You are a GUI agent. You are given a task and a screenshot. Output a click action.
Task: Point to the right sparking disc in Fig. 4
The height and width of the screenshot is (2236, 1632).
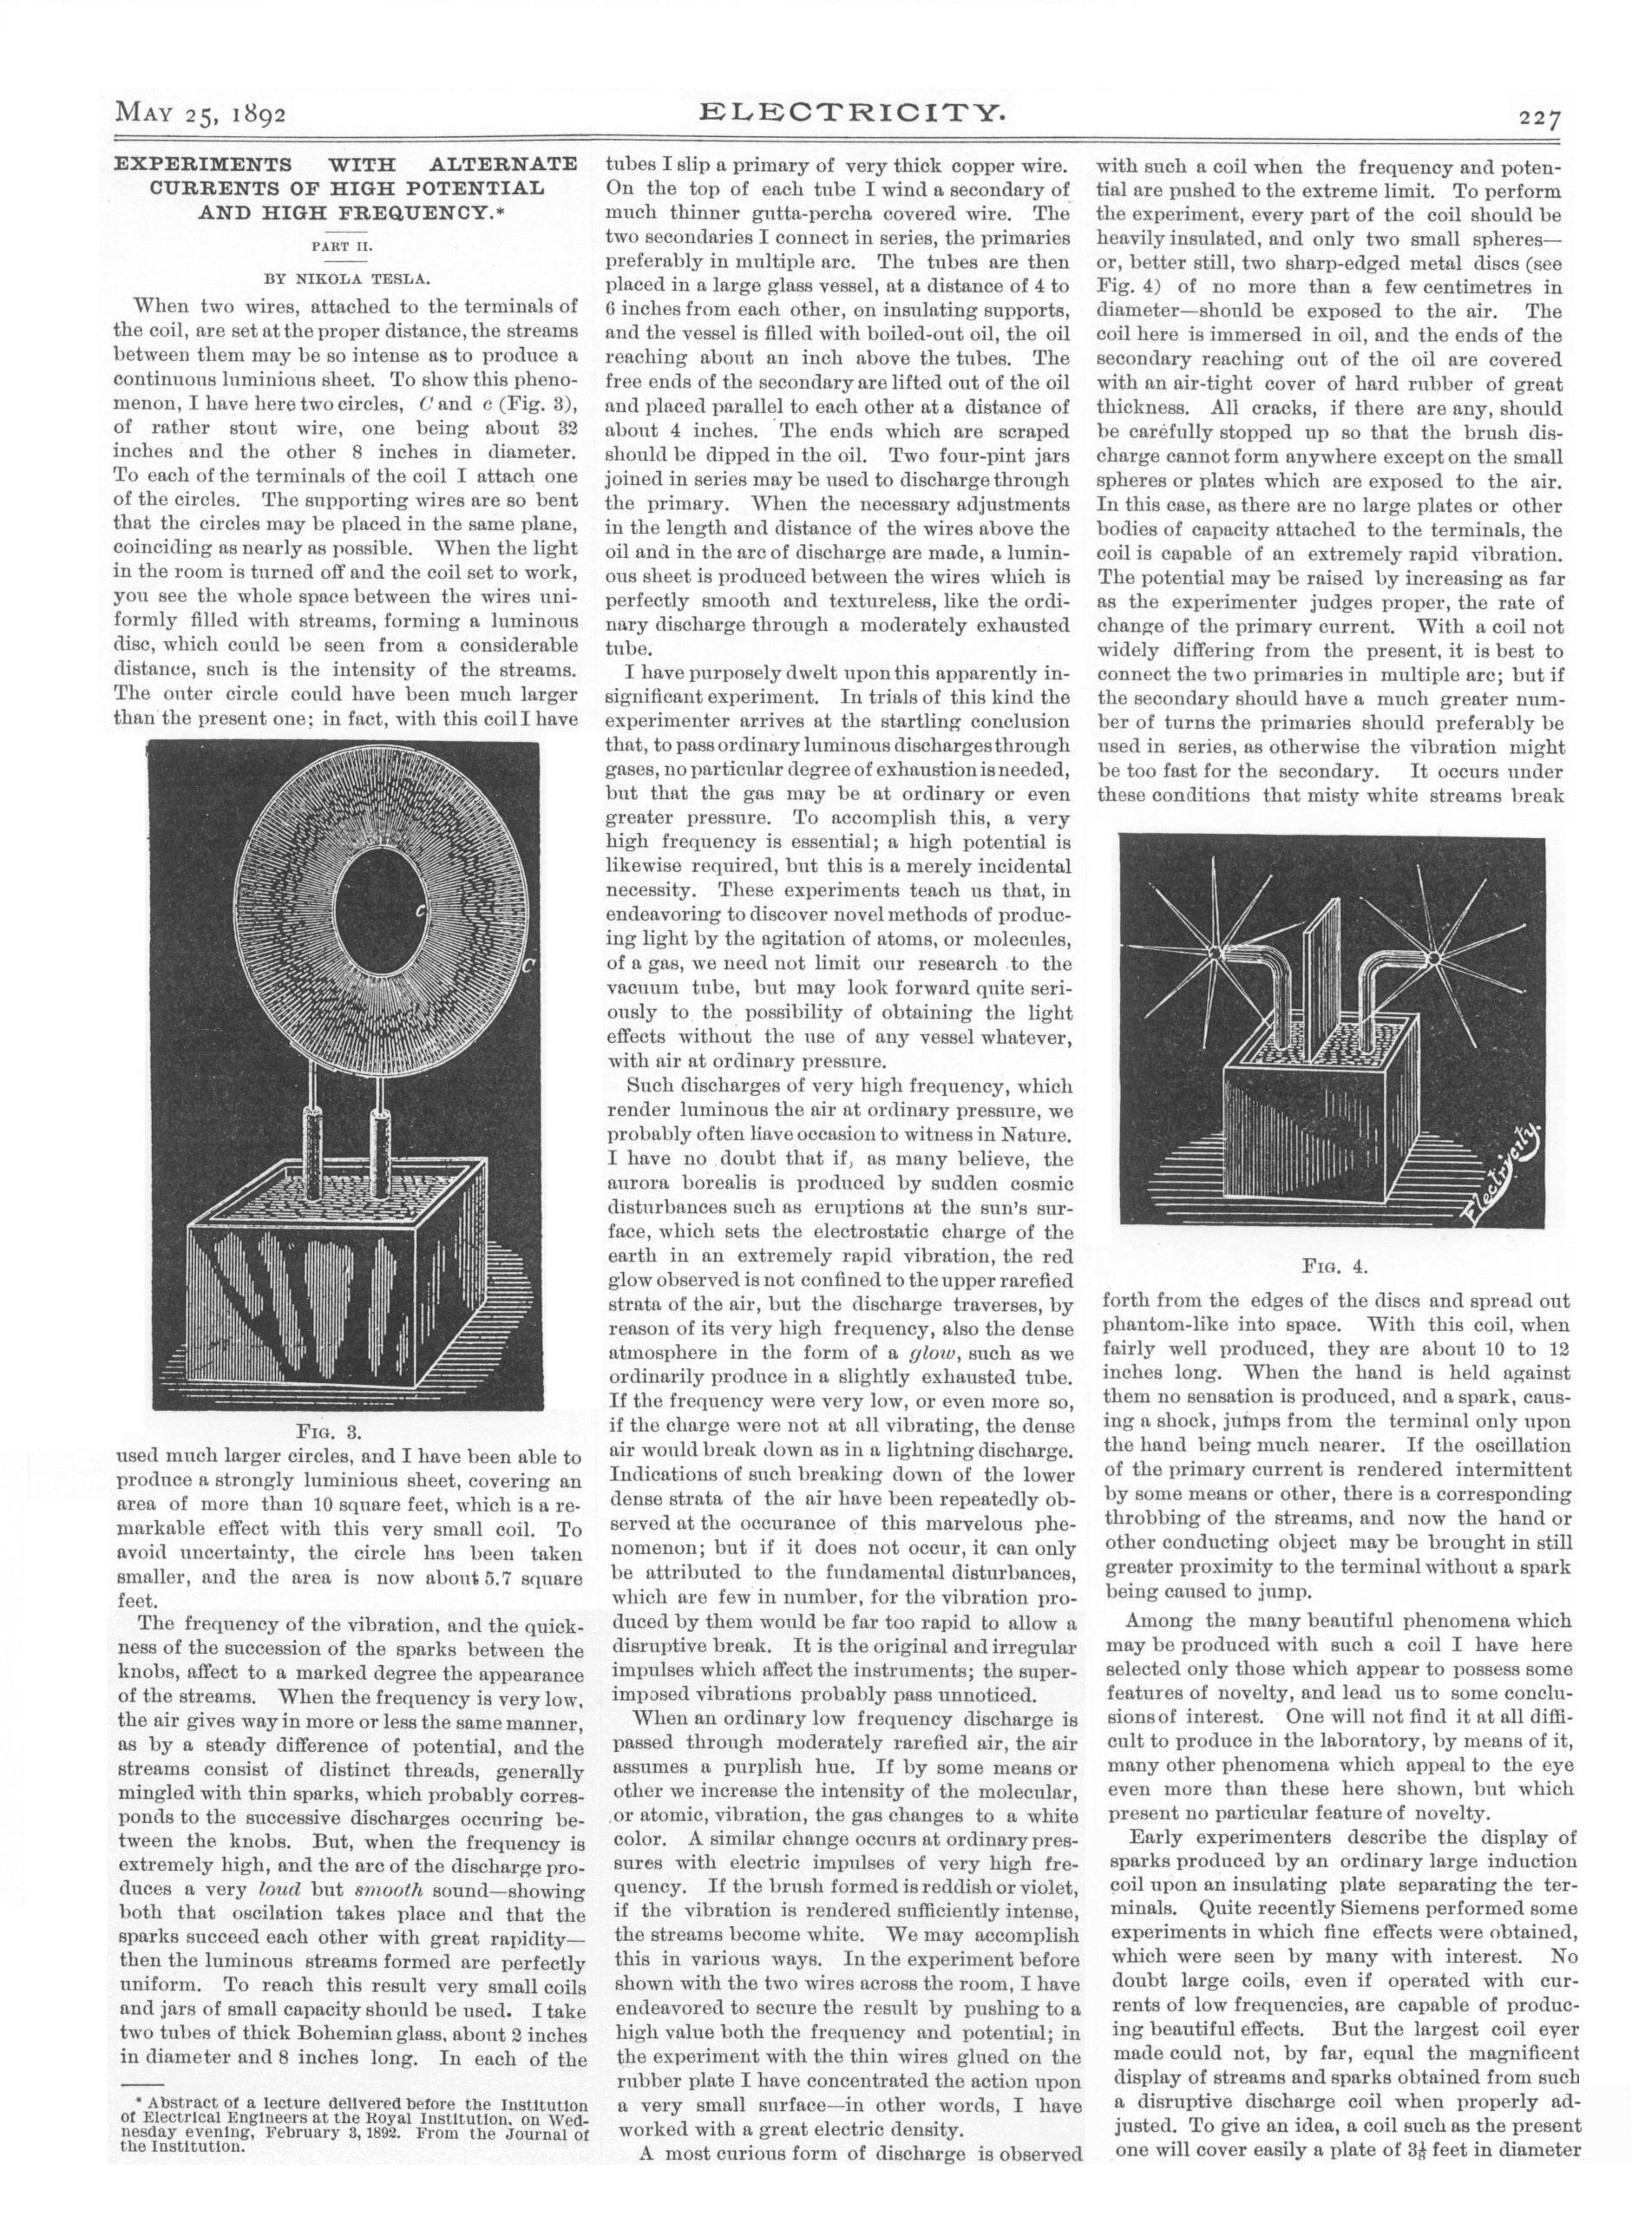(x=1431, y=955)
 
